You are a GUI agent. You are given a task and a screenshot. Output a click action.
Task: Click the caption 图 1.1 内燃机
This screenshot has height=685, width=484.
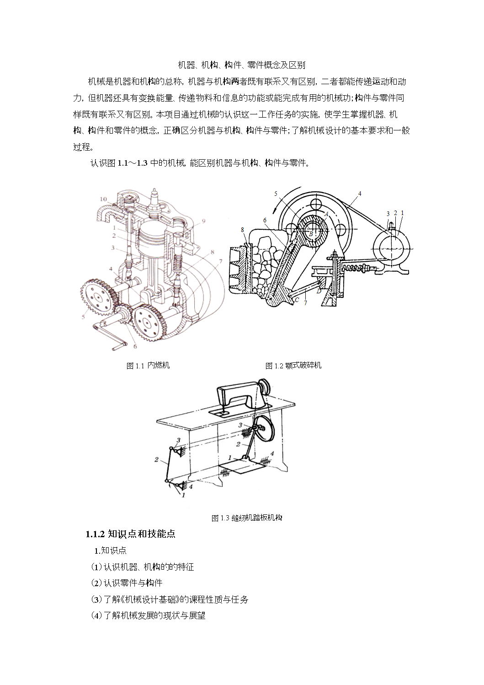(x=148, y=366)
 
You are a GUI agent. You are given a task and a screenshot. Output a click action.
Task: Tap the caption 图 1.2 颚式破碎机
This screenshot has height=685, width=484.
(x=293, y=366)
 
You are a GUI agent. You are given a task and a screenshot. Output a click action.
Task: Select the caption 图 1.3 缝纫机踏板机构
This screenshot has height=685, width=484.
(x=247, y=518)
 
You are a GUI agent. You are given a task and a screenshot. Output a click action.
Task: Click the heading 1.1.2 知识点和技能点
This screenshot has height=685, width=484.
(x=130, y=534)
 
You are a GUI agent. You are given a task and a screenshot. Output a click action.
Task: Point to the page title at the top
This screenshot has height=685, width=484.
(x=241, y=65)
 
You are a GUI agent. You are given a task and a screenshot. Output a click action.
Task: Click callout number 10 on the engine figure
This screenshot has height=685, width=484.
(x=103, y=199)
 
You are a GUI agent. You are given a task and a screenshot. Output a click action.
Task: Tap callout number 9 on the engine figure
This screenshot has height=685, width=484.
(x=203, y=221)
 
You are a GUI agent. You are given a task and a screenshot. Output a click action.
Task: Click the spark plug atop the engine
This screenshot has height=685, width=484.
(x=154, y=202)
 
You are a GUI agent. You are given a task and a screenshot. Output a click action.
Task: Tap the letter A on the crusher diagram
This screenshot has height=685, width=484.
(x=326, y=214)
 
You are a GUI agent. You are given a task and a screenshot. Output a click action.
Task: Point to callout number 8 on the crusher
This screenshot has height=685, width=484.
(x=242, y=230)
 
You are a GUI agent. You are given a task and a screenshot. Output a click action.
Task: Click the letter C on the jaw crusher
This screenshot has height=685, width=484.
(x=297, y=300)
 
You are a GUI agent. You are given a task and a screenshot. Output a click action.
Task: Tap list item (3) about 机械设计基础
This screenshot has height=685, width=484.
(x=170, y=599)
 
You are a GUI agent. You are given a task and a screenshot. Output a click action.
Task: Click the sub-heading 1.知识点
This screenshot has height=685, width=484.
(x=110, y=550)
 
